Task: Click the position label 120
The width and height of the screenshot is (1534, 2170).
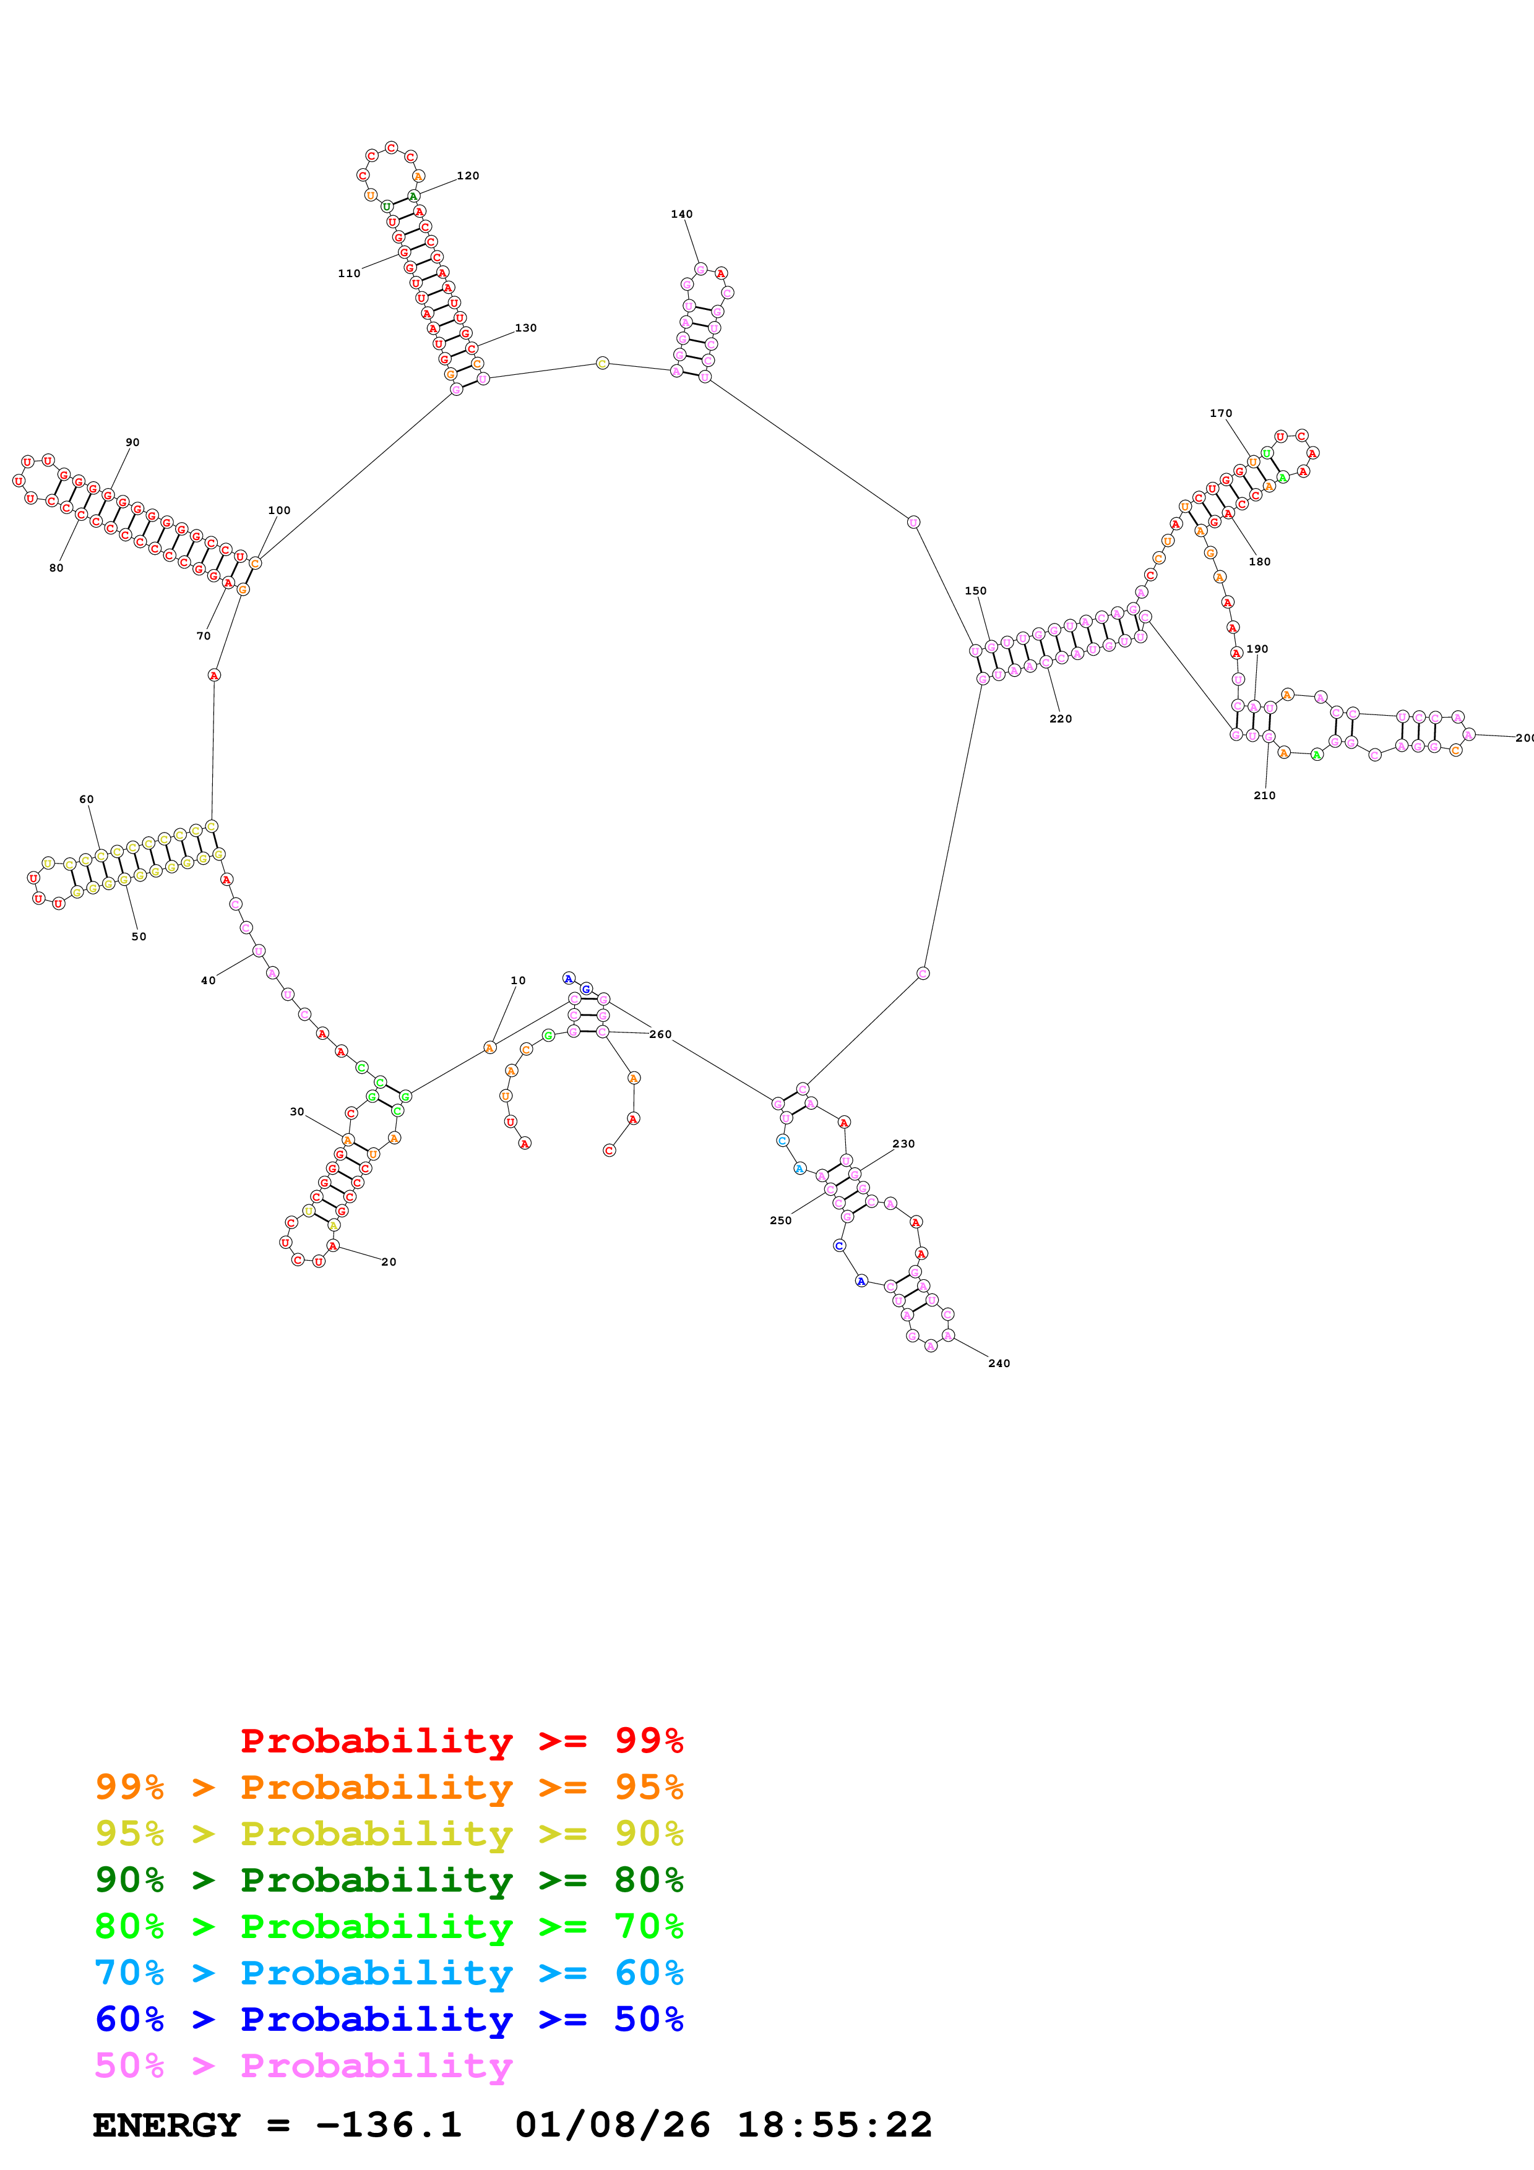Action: coord(468,176)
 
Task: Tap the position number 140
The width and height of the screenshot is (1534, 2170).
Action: coord(681,215)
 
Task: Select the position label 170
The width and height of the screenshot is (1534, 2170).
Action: coord(1220,413)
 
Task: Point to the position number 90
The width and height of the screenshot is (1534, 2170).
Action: coord(132,442)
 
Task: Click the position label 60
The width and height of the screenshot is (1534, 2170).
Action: coord(86,800)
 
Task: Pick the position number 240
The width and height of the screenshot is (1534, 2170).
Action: coord(999,1363)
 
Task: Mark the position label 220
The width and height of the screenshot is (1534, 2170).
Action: coord(1061,718)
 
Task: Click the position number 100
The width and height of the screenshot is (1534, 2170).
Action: coord(279,510)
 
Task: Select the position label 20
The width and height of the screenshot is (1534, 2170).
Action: coord(389,1262)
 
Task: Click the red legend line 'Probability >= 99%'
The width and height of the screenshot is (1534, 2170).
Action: coord(461,1740)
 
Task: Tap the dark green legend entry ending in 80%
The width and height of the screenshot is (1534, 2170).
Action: coord(389,1880)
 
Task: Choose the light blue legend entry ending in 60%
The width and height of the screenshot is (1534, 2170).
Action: coord(389,1973)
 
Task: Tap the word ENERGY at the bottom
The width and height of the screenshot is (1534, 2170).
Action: coord(166,2125)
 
